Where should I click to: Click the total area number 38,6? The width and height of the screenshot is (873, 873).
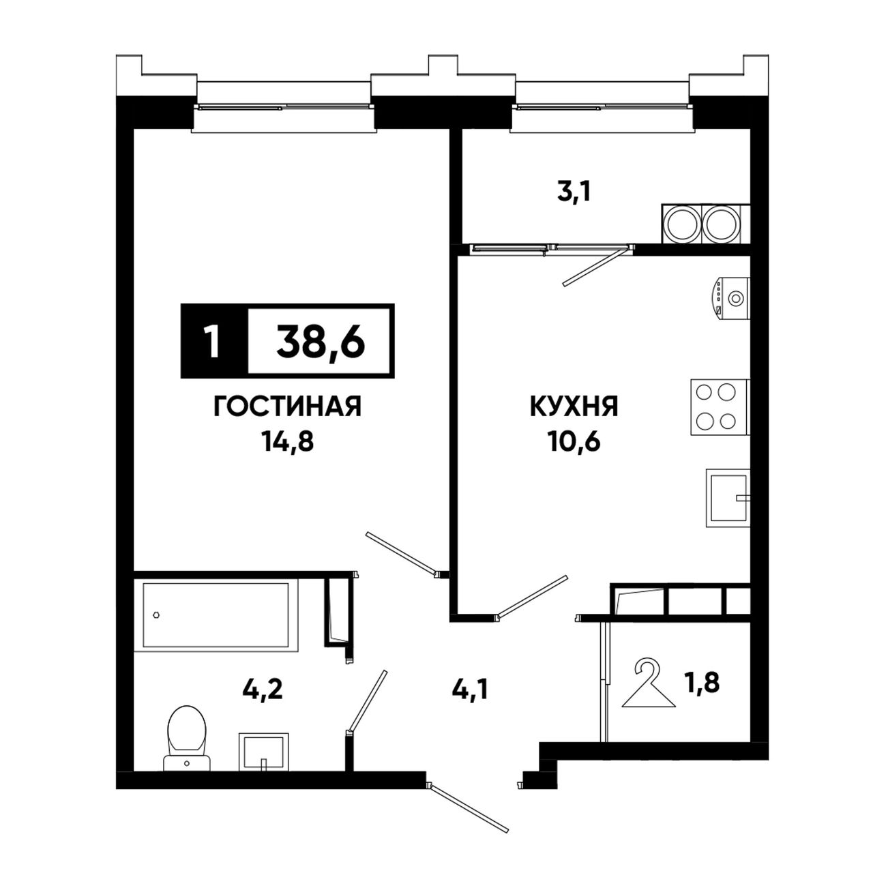click(321, 341)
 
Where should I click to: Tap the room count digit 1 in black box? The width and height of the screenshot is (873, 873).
click(211, 341)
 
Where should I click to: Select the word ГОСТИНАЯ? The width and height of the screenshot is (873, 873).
click(287, 405)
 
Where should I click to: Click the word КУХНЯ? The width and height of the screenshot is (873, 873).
click(574, 405)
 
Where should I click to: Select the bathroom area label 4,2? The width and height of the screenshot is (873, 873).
click(263, 690)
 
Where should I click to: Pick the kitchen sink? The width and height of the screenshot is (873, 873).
click(728, 498)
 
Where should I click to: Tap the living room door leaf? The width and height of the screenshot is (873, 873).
click(402, 554)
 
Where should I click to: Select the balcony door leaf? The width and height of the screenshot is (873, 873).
click(596, 265)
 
